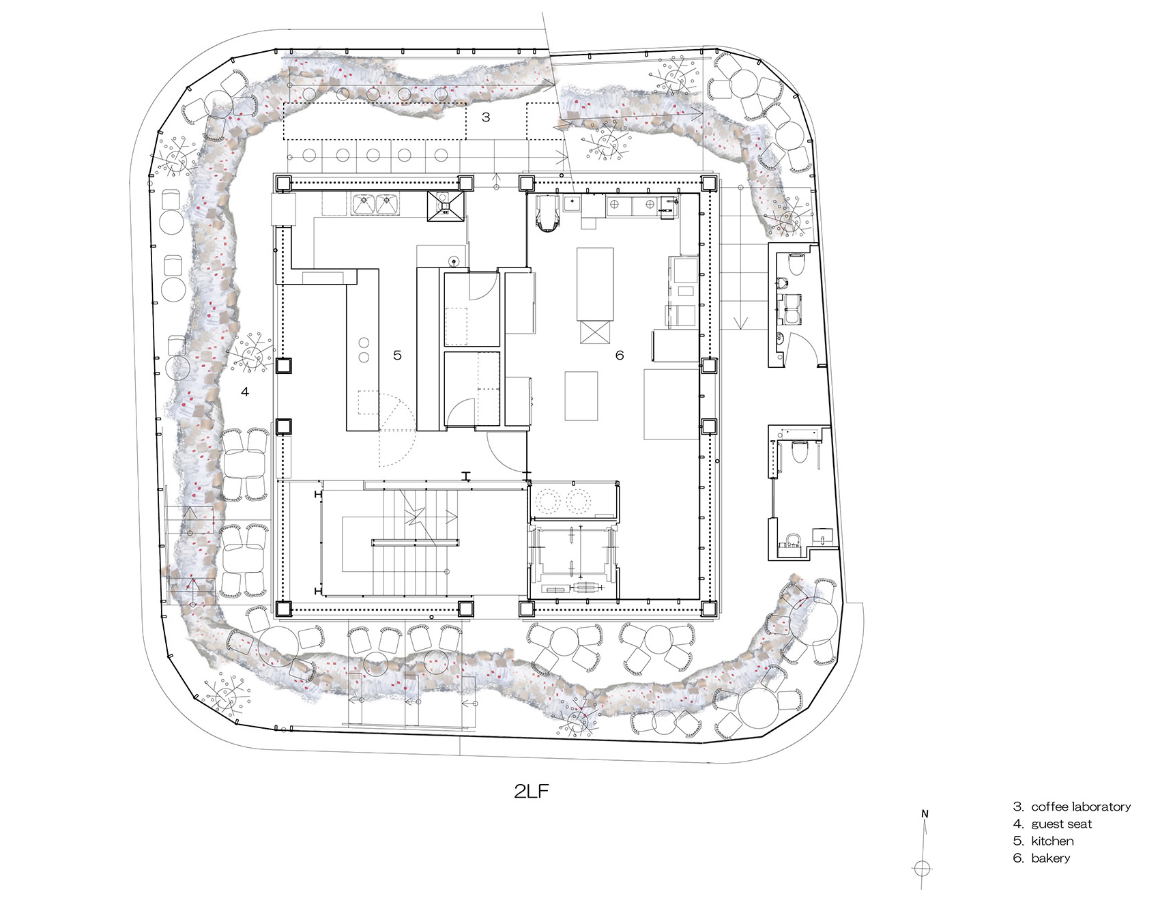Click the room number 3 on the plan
tap(486, 117)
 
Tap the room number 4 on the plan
tap(245, 392)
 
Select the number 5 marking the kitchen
tap(397, 355)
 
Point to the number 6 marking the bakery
tap(620, 355)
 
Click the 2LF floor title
tap(532, 792)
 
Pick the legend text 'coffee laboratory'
tap(1081, 807)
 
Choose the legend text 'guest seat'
tap(1061, 824)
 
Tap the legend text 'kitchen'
tap(1052, 841)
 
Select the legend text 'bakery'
tap(1051, 858)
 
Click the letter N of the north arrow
tap(925, 813)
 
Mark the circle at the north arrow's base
tap(922, 868)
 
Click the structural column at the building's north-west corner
tap(284, 183)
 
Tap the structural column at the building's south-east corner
tap(708, 608)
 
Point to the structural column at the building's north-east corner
tap(708, 183)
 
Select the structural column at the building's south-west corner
tap(284, 608)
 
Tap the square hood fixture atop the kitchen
tap(446, 206)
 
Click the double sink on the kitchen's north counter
tap(375, 203)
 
